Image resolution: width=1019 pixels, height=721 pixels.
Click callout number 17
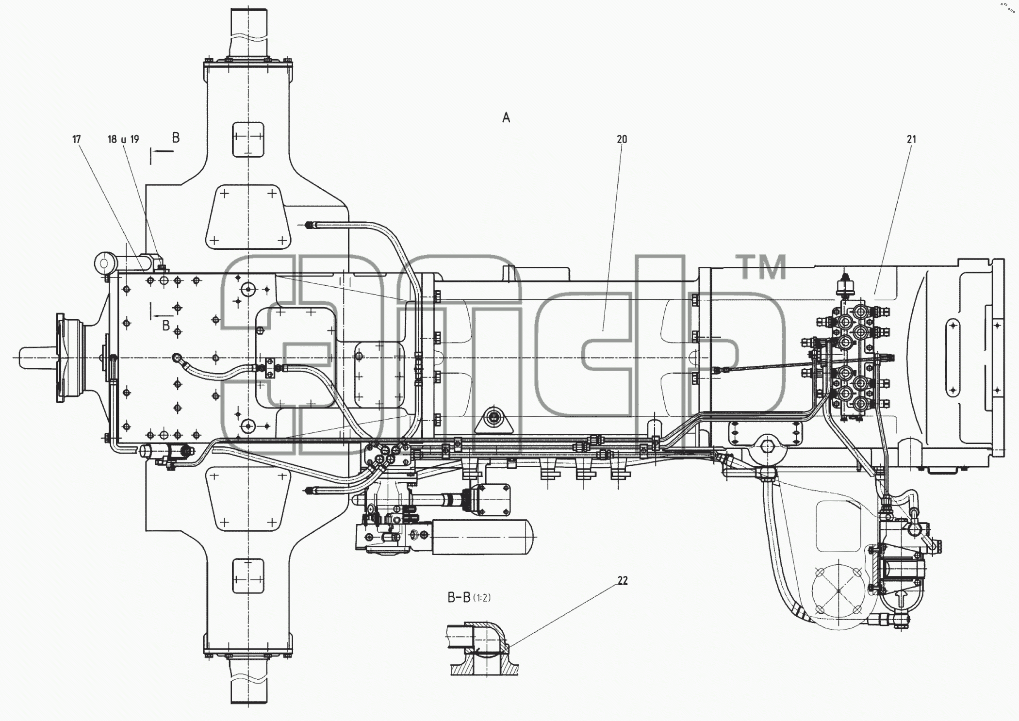(x=77, y=139)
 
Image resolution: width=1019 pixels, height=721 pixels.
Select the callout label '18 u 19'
(x=123, y=139)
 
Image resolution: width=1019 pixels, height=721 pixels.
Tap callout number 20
(x=622, y=139)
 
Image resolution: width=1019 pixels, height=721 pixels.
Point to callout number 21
(x=911, y=139)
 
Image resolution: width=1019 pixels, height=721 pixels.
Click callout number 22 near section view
(x=622, y=580)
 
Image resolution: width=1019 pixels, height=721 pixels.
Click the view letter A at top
(x=506, y=117)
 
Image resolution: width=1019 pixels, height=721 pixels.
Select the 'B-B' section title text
(x=459, y=598)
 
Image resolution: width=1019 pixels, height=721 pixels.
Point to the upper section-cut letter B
(x=176, y=138)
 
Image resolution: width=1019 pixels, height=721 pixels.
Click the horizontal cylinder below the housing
(x=481, y=537)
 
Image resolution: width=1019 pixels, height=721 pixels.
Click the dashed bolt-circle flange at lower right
(x=838, y=590)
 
